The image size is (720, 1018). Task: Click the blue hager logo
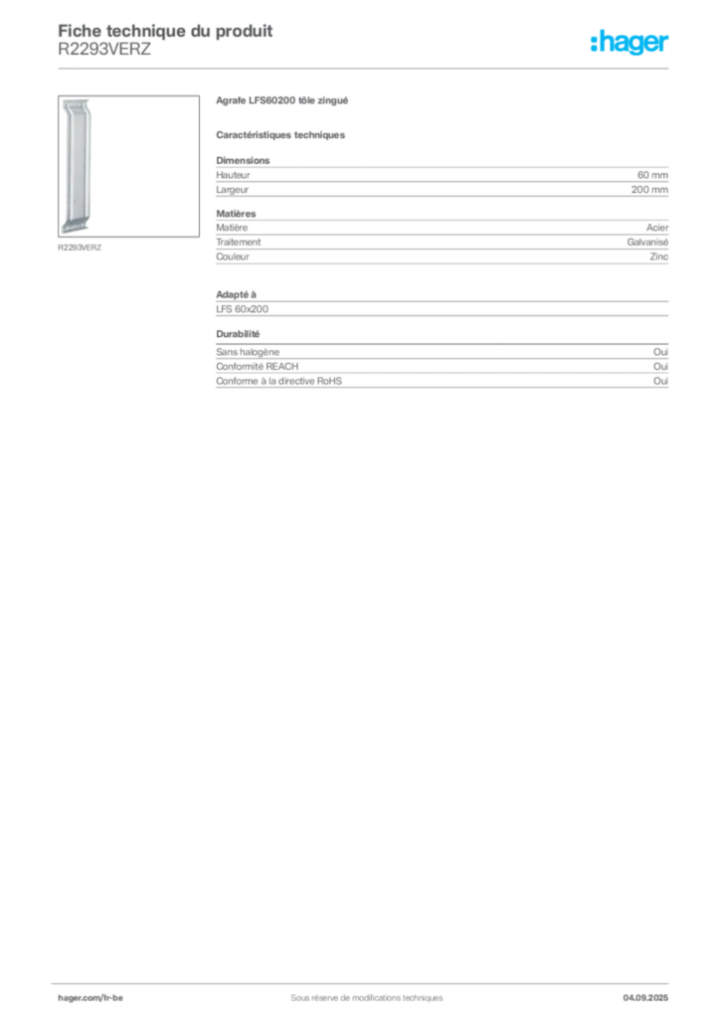point(631,43)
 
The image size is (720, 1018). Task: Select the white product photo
point(77,164)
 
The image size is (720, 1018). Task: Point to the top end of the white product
point(77,103)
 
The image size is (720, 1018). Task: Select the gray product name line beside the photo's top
point(281,103)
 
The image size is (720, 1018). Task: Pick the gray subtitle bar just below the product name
point(281,134)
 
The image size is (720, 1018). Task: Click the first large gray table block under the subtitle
point(441,179)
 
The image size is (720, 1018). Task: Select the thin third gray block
point(441,304)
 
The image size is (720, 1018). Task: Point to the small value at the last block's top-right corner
point(663,349)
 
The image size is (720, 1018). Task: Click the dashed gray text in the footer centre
point(358,990)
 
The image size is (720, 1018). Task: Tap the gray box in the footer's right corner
point(651,991)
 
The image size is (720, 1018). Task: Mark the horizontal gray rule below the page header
point(366,69)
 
